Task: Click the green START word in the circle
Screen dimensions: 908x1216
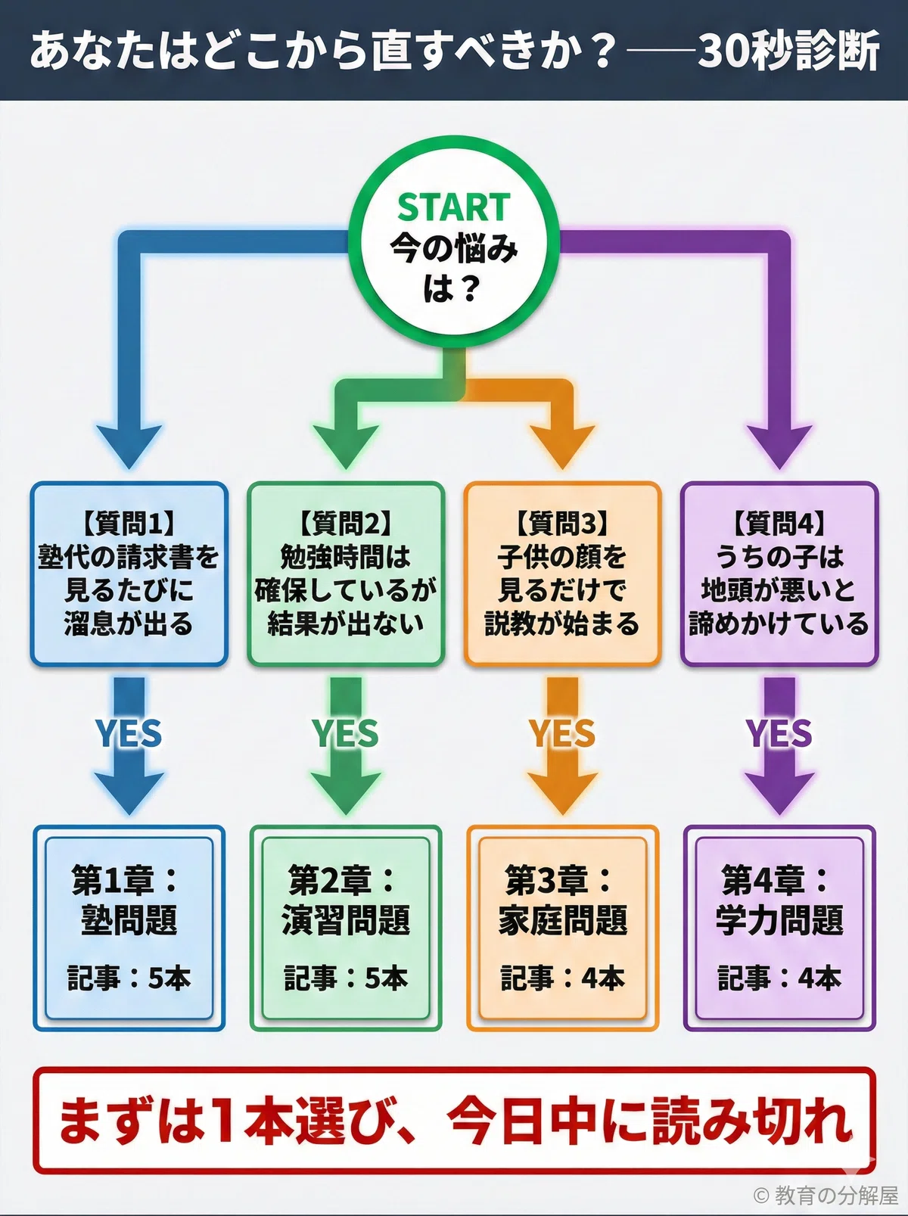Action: tap(454, 207)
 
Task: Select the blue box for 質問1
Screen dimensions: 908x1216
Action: tap(129, 574)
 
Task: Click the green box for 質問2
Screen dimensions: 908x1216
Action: tap(346, 574)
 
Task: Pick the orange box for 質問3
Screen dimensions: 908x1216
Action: tap(562, 574)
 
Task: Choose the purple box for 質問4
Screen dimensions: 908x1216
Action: tap(779, 574)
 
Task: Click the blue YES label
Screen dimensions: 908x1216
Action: tap(129, 733)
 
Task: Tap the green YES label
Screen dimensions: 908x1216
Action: tap(346, 733)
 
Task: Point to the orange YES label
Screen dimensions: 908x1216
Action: tap(562, 733)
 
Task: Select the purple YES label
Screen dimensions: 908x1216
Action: tap(779, 733)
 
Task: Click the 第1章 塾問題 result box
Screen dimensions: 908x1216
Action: tap(129, 928)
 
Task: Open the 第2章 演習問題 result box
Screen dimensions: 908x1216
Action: tap(346, 928)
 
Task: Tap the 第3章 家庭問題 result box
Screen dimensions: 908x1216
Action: tap(562, 928)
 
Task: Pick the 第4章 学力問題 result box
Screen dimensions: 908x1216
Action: tap(779, 928)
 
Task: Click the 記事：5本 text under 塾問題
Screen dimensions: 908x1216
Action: tap(129, 978)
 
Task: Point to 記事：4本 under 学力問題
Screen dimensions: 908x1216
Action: tap(779, 978)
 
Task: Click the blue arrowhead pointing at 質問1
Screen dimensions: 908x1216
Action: tap(129, 446)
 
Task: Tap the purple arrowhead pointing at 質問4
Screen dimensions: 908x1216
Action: tap(779, 446)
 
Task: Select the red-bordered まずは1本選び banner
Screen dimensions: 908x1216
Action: tap(454, 1120)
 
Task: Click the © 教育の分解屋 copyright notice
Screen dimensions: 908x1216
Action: tap(826, 1195)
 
